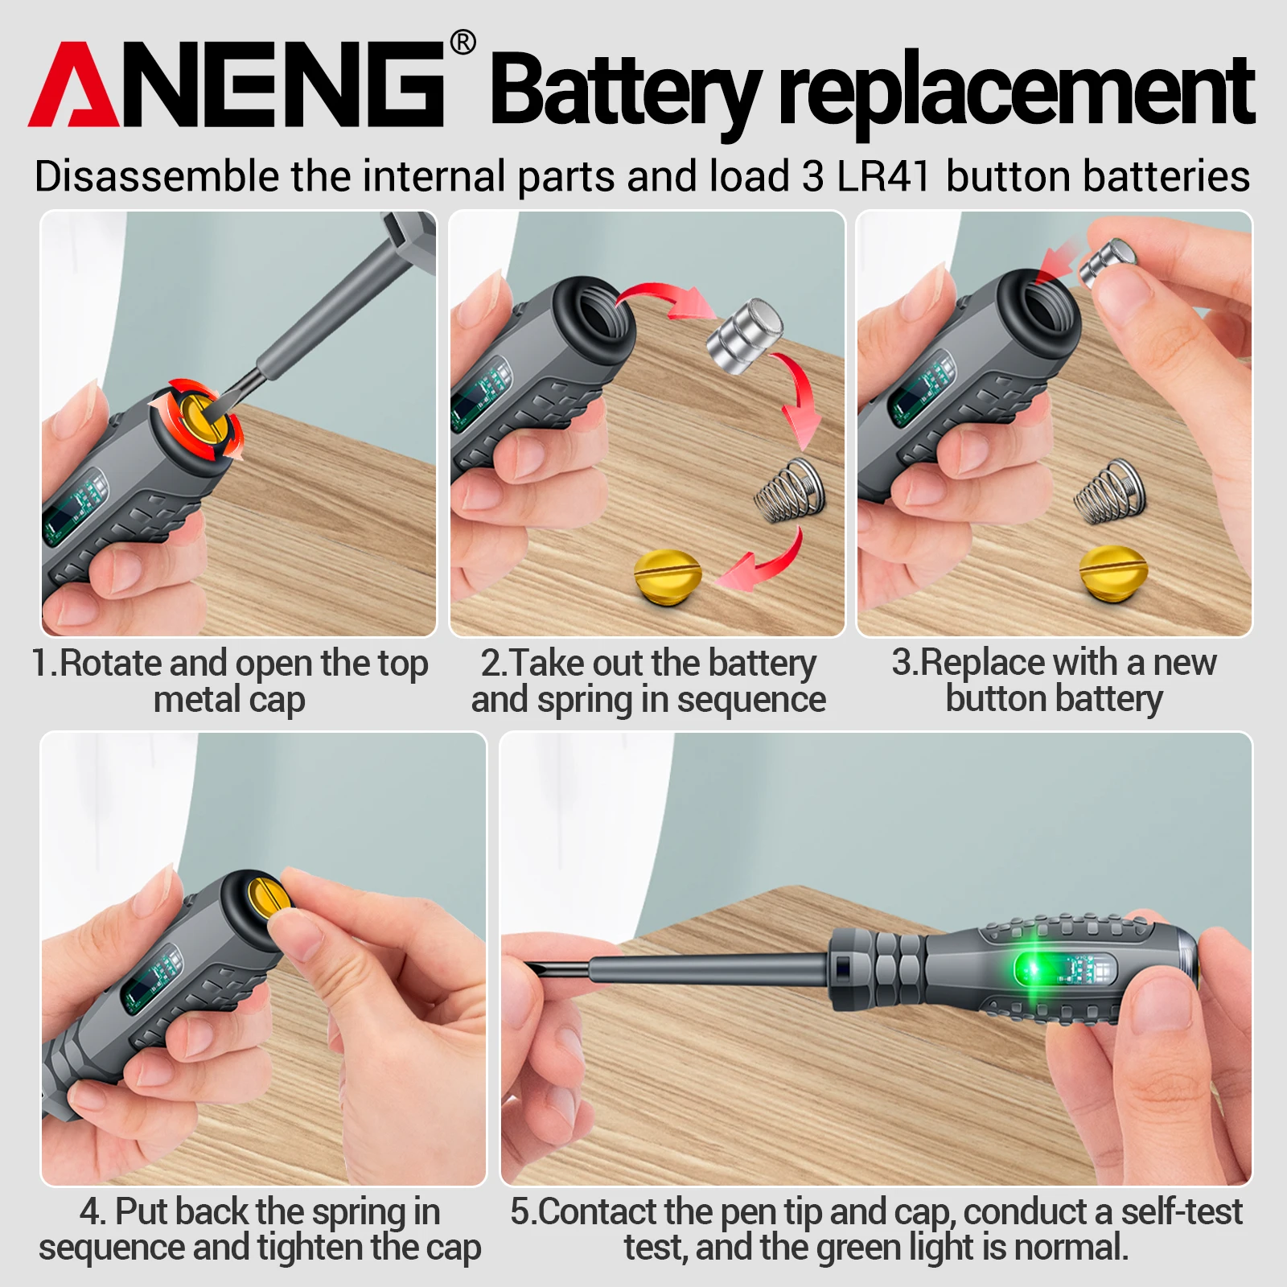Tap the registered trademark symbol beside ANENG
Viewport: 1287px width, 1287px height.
(x=463, y=43)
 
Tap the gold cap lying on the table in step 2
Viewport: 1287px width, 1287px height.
(x=668, y=574)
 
